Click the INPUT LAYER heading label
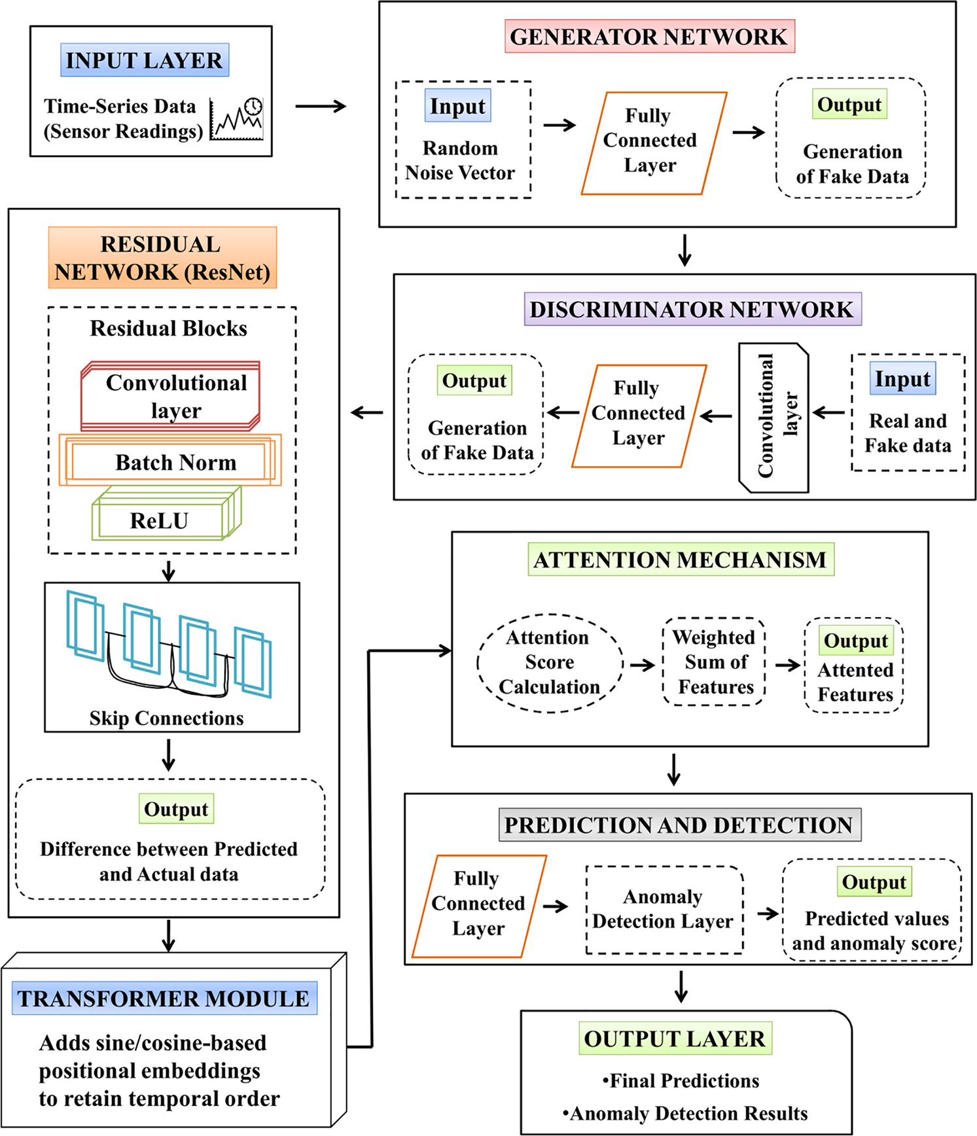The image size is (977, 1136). pyautogui.click(x=145, y=60)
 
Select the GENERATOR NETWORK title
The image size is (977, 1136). pyautogui.click(x=649, y=37)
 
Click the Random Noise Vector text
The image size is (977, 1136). pyautogui.click(x=460, y=160)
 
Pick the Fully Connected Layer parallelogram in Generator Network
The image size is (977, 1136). pyautogui.click(x=653, y=143)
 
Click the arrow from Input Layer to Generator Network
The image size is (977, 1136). pyautogui.click(x=321, y=106)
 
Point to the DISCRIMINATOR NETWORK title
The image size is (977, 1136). pyautogui.click(x=692, y=309)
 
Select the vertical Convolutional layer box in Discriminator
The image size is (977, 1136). pyautogui.click(x=773, y=417)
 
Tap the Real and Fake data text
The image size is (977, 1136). pyautogui.click(x=908, y=433)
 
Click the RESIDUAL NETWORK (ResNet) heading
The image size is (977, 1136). pyautogui.click(x=162, y=258)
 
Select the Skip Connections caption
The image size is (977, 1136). pyautogui.click(x=167, y=718)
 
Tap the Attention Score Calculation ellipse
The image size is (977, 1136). pyautogui.click(x=549, y=662)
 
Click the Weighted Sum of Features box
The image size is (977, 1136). pyautogui.click(x=715, y=662)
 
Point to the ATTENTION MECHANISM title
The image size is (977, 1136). pyautogui.click(x=681, y=559)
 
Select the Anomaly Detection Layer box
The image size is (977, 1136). pyautogui.click(x=664, y=909)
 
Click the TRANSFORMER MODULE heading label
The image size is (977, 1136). pyautogui.click(x=164, y=999)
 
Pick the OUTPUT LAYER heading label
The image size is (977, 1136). pyautogui.click(x=675, y=1038)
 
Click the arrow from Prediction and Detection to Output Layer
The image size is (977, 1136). pyautogui.click(x=681, y=986)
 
